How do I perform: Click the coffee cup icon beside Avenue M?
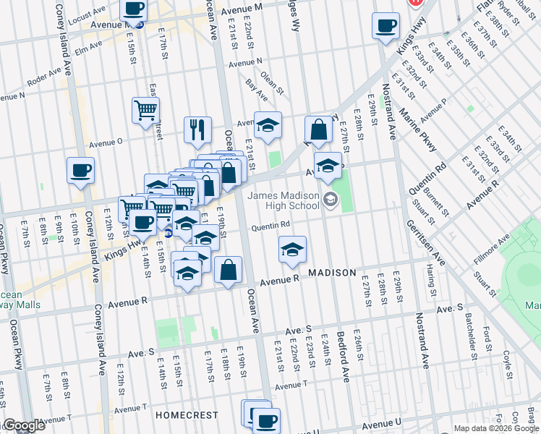click(132, 9)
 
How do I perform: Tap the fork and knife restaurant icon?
click(197, 130)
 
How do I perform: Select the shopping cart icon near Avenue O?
click(145, 111)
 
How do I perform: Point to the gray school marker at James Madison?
click(331, 199)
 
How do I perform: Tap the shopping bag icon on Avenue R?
click(228, 271)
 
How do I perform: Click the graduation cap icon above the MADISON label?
click(292, 250)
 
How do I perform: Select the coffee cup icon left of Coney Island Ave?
click(80, 171)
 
